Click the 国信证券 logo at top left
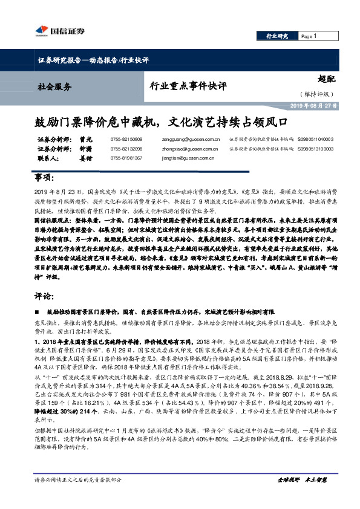pos(60,31)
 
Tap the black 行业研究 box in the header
pos(278,36)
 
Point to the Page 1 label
pos(309,36)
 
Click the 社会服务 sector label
pos(54,86)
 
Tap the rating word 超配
pos(326,79)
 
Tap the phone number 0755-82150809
pos(126,139)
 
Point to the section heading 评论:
pos(43,297)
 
